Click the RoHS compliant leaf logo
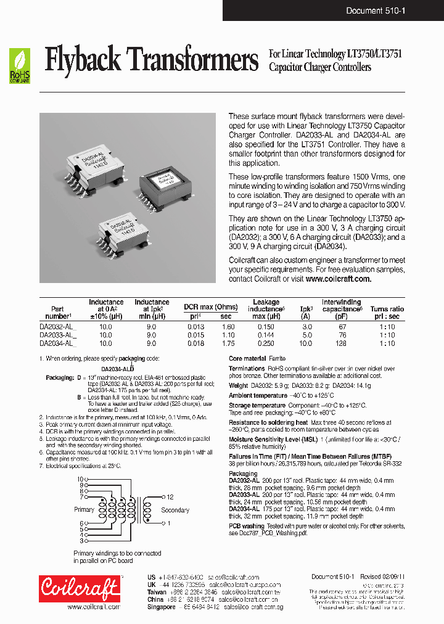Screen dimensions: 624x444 19,67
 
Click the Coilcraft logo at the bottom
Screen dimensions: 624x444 79,588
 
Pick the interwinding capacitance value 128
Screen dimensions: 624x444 342,343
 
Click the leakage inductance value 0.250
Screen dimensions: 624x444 266,343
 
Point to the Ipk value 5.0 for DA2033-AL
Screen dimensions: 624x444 306,335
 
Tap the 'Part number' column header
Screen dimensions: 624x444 57,313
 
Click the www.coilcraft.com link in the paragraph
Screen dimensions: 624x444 338,279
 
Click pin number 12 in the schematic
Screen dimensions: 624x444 170,496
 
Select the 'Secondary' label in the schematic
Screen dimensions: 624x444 175,510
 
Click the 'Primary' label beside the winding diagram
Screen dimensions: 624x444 84,509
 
